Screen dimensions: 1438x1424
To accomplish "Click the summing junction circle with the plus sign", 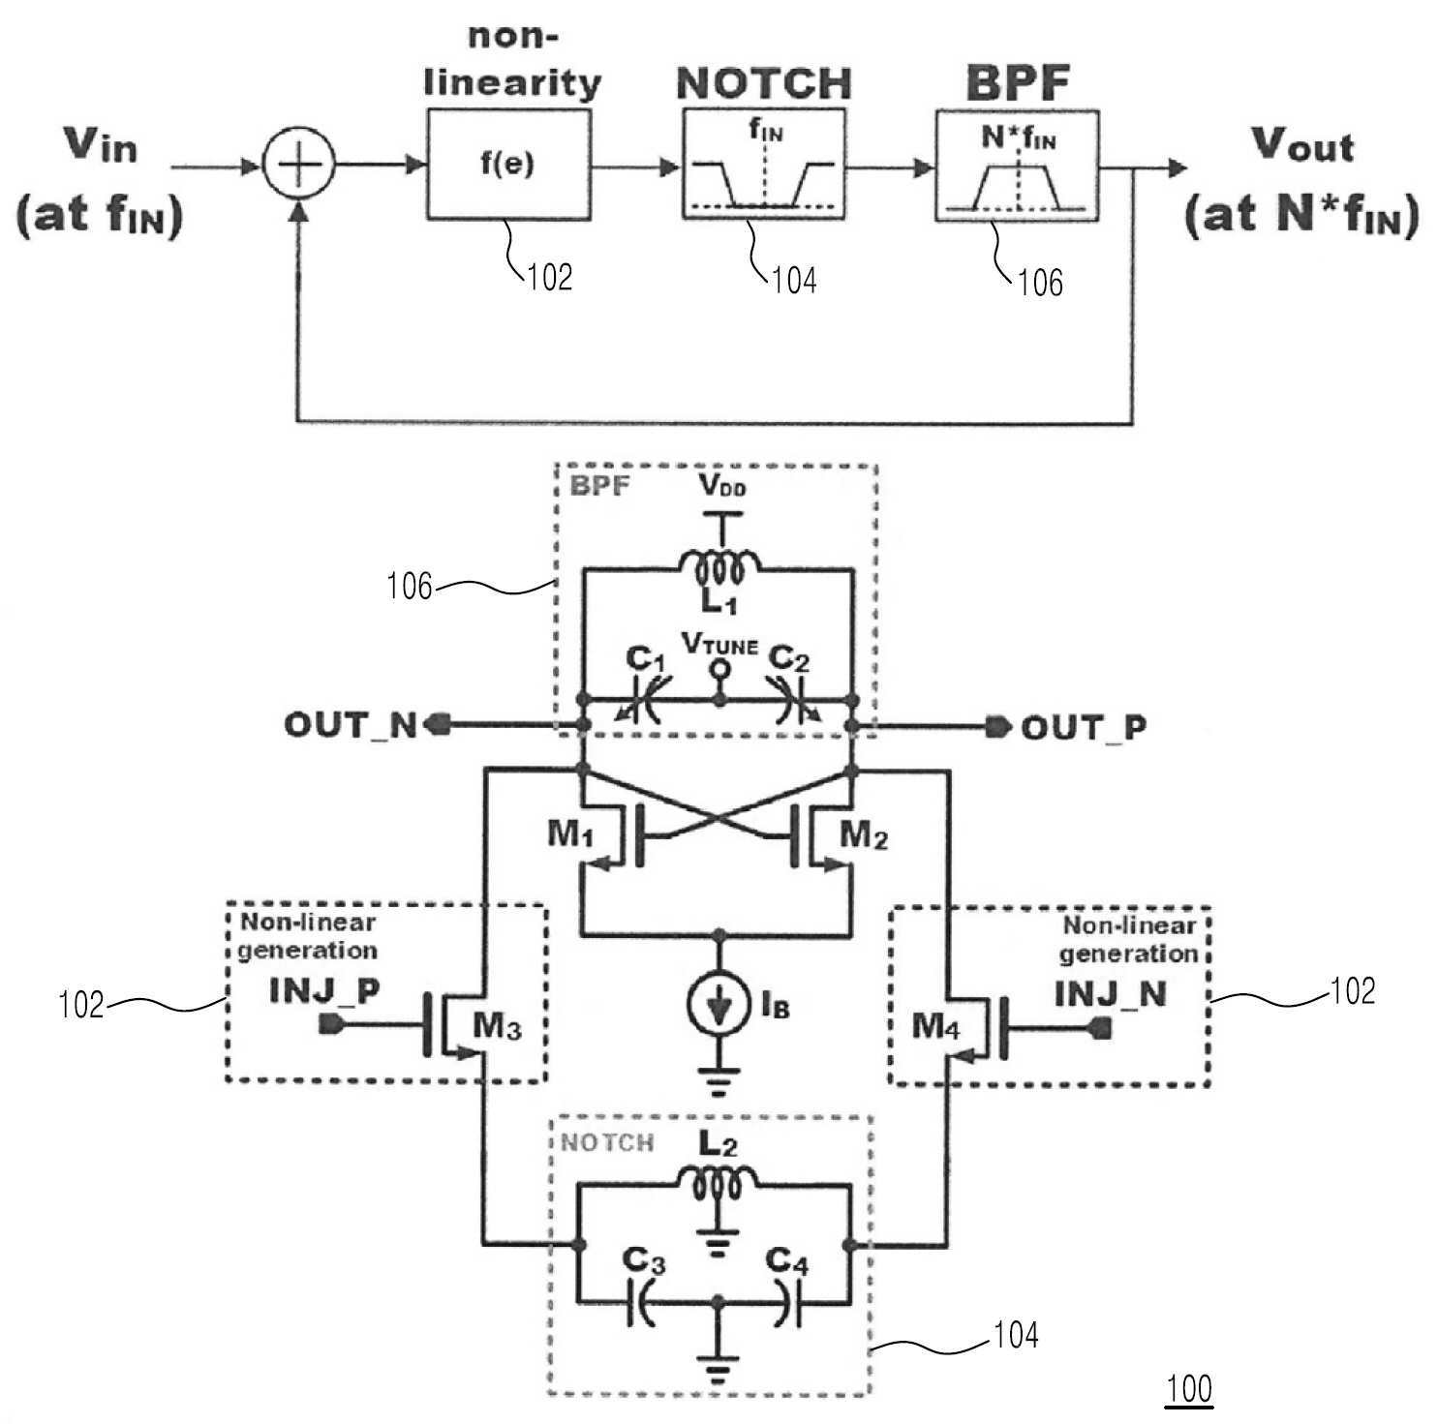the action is pos(299,166).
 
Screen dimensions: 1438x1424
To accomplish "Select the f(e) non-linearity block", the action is pos(508,165).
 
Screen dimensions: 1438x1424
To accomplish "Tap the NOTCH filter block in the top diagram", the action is pos(764,165).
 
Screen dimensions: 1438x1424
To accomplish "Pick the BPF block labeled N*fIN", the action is pos(1017,166).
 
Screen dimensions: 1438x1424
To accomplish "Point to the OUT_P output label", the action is pos(1084,727).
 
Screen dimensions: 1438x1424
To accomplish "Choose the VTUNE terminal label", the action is pos(719,644).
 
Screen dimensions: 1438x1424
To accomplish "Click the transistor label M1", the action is pos(570,833).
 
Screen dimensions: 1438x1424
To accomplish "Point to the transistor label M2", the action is pos(864,833).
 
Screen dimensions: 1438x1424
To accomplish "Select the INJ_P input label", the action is pos(323,991).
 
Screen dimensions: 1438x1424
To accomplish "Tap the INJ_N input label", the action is pos(1110,994).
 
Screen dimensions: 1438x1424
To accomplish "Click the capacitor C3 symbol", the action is pos(642,1303).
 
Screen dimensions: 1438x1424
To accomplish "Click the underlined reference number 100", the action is pos(1189,1389).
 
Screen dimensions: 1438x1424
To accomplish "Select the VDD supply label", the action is pos(722,485).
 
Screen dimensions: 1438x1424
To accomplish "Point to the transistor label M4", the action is pos(936,1026).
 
